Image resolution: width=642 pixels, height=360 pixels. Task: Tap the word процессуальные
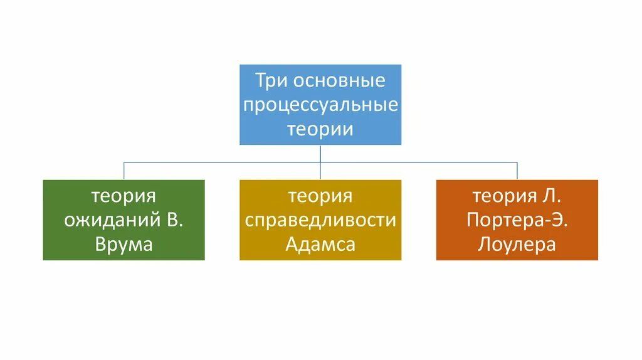pyautogui.click(x=320, y=105)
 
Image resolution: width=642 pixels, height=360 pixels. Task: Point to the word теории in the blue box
pyautogui.click(x=320, y=129)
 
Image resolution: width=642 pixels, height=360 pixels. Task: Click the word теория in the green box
pyautogui.click(x=124, y=196)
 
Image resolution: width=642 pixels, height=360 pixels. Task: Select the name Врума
pyautogui.click(x=124, y=244)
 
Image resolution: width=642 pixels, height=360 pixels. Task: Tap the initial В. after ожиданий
pyautogui.click(x=179, y=220)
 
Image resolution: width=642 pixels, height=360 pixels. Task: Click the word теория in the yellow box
pyautogui.click(x=320, y=196)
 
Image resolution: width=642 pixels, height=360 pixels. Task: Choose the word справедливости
pyautogui.click(x=320, y=220)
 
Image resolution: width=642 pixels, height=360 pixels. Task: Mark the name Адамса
pyautogui.click(x=320, y=244)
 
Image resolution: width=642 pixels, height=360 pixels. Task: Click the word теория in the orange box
pyautogui.click(x=504, y=196)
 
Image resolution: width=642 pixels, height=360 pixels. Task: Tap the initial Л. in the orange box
pyautogui.click(x=552, y=196)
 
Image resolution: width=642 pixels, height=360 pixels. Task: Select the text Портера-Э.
pyautogui.click(x=517, y=220)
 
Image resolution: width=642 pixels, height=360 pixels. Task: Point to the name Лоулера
pyautogui.click(x=517, y=244)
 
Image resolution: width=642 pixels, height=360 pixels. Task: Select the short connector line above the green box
pyautogui.click(x=124, y=171)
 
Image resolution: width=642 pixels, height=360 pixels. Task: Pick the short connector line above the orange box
pyautogui.click(x=517, y=171)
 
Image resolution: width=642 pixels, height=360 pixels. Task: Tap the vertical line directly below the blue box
pyautogui.click(x=320, y=153)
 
